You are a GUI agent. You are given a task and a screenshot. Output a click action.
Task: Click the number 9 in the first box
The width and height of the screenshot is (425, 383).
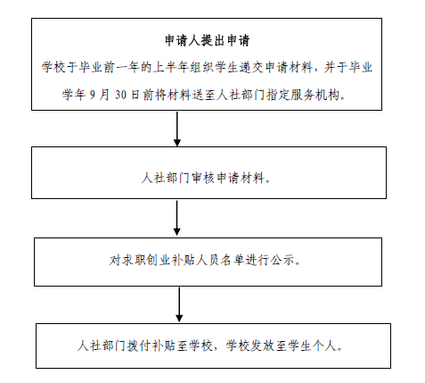(94, 91)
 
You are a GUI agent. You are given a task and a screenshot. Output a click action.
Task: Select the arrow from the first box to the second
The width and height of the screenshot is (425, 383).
(179, 129)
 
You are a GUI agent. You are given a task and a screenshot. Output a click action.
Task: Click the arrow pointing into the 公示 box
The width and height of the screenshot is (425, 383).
(179, 219)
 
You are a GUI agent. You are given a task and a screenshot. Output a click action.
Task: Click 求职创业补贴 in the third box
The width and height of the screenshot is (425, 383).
(152, 262)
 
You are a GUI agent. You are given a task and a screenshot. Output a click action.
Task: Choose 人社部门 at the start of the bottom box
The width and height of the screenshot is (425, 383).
(97, 346)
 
